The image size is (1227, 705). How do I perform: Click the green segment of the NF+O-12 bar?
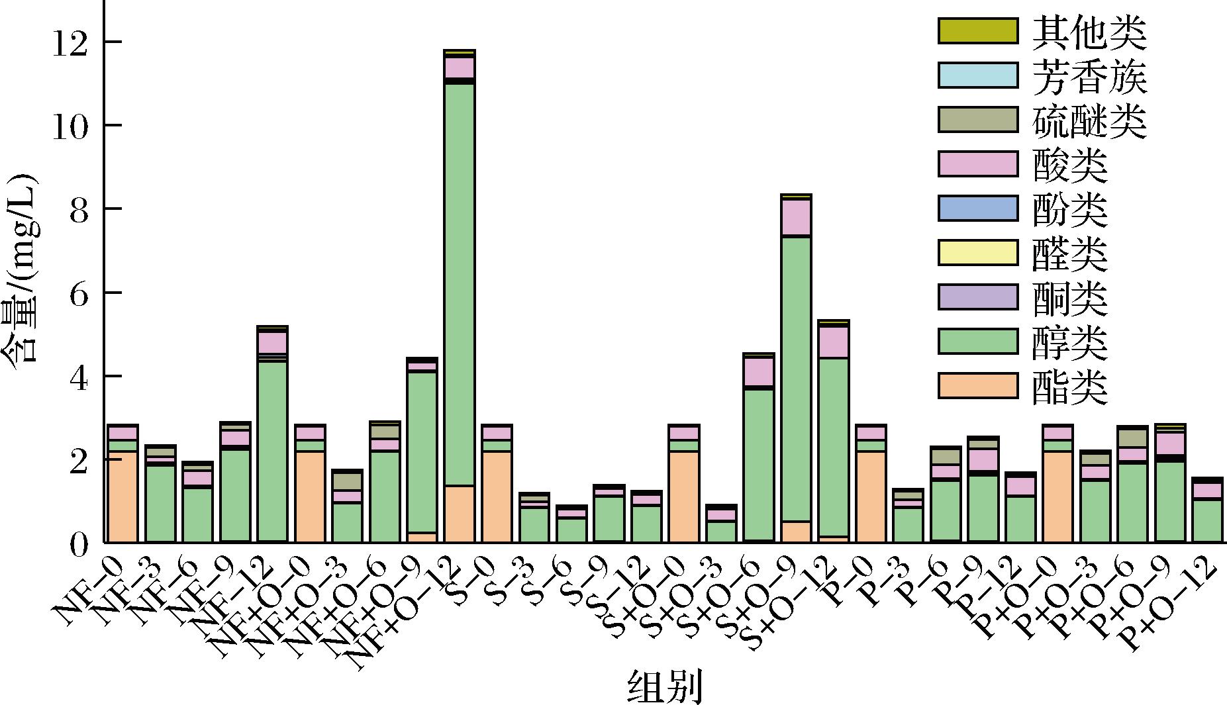[x=460, y=285]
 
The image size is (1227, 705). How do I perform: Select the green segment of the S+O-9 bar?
[x=796, y=377]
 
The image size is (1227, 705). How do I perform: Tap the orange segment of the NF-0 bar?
[x=123, y=496]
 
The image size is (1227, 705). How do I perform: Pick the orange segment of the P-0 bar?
[x=871, y=496]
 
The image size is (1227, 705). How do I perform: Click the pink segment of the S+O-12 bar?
[x=833, y=342]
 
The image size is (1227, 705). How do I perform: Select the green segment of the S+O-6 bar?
[x=758, y=463]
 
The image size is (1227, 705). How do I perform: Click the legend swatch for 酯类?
[x=977, y=386]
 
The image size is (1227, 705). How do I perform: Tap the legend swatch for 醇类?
[x=977, y=341]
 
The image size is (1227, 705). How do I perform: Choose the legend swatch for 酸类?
[x=977, y=164]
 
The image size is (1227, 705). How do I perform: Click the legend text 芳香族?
[x=1089, y=77]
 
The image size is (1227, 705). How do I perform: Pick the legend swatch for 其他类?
[x=977, y=30]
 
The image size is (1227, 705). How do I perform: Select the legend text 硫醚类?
[x=1089, y=121]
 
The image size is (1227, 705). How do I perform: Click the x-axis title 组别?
[x=664, y=686]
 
